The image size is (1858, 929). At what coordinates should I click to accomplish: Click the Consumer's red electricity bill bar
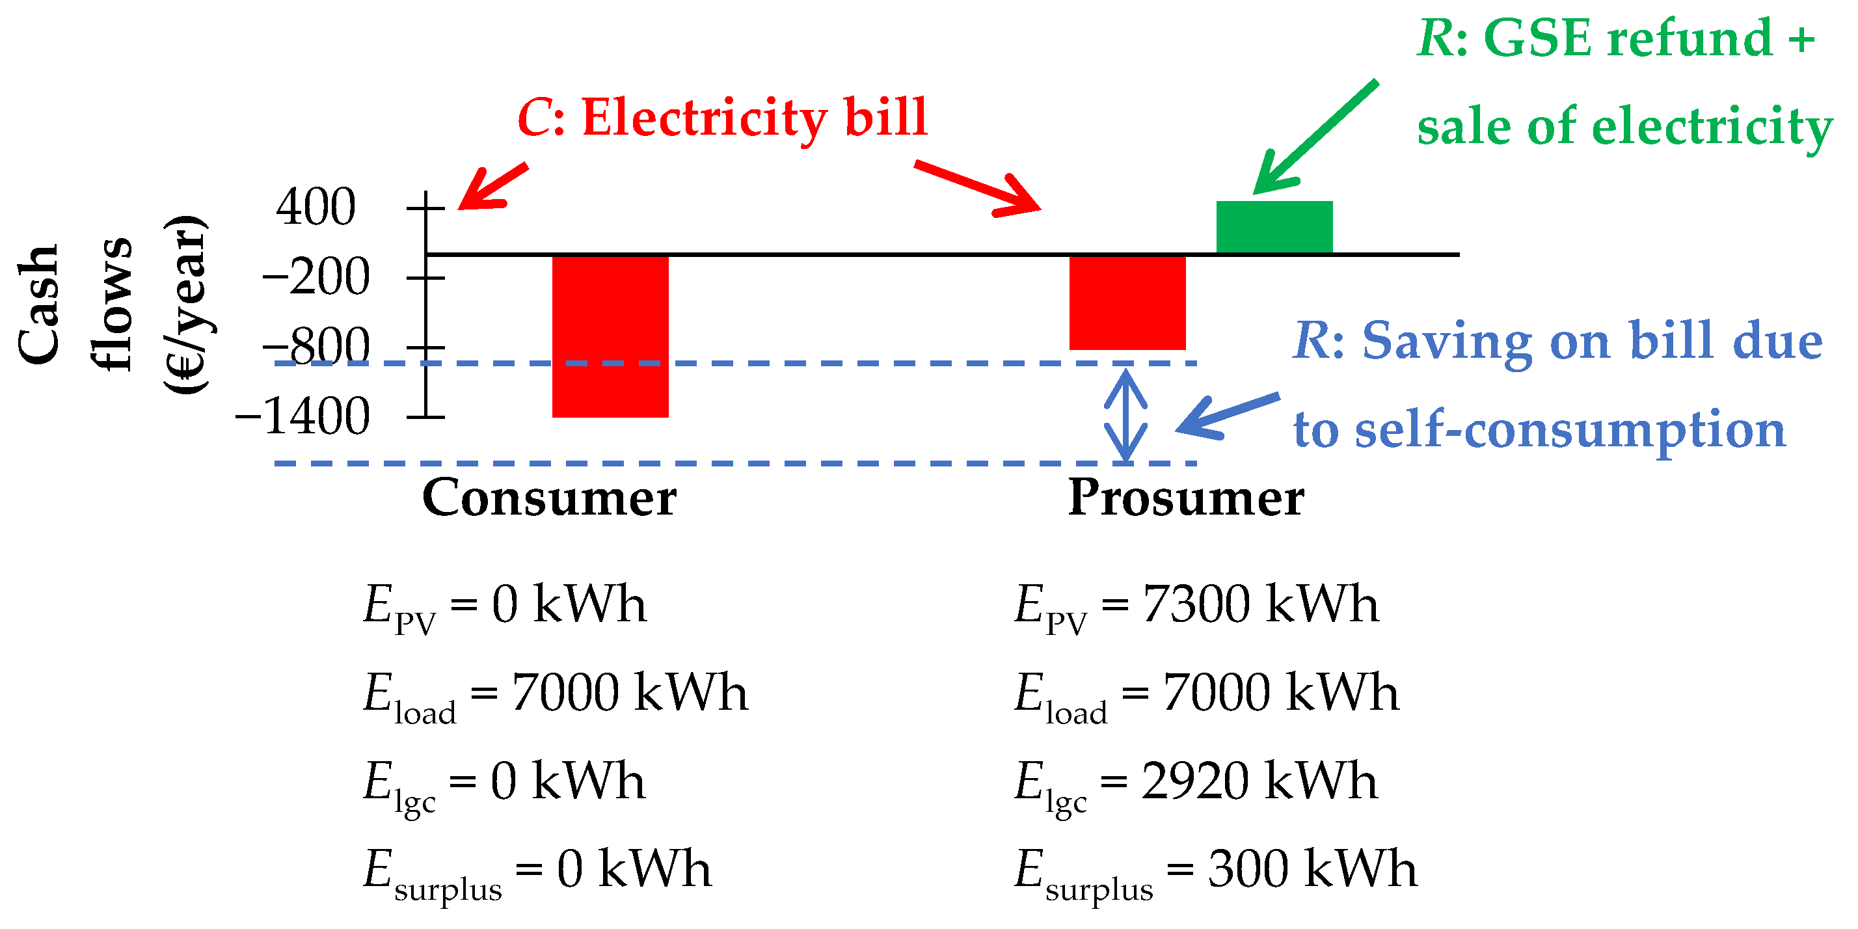coord(610,336)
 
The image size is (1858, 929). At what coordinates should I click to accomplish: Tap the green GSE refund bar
coord(1274,227)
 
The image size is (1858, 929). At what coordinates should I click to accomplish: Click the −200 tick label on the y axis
coord(316,277)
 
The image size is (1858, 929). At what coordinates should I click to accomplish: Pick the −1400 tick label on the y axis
coord(303,416)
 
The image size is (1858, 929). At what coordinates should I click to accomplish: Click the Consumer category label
coord(549,498)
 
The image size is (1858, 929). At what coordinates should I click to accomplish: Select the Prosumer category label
coord(1186,498)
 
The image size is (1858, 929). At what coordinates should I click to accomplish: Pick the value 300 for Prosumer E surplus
coord(1248,869)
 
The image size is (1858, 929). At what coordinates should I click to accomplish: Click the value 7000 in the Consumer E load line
coord(565,692)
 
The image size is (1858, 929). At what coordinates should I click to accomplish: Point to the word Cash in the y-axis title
coord(38,304)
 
